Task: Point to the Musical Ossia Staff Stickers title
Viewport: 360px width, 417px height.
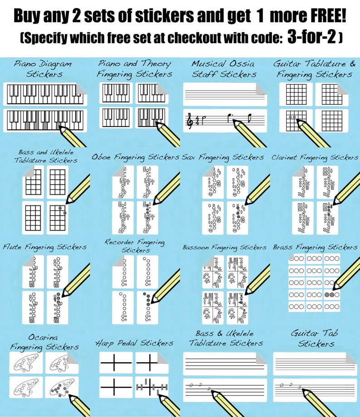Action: click(x=224, y=68)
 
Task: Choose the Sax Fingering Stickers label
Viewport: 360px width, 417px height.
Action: click(x=223, y=157)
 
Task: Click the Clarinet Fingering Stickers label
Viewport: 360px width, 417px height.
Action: click(x=315, y=157)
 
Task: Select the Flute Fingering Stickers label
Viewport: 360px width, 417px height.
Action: click(x=44, y=247)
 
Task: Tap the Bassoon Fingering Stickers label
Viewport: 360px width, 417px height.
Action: click(x=224, y=247)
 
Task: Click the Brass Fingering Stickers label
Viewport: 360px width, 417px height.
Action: click(x=315, y=247)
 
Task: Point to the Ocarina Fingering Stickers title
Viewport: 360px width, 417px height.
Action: click(x=44, y=342)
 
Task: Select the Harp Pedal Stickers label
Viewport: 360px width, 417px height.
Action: click(x=134, y=343)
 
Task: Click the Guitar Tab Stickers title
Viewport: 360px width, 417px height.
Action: click(x=316, y=338)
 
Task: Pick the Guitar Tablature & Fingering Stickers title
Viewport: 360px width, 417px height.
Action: click(x=315, y=68)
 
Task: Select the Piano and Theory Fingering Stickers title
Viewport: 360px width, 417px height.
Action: click(x=135, y=68)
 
